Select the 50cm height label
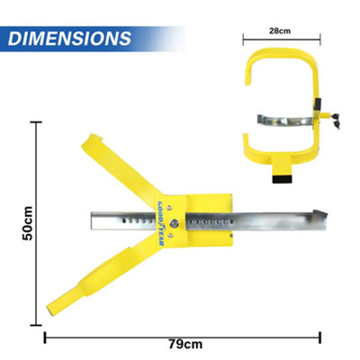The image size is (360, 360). click(28, 222)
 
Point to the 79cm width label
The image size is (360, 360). click(184, 344)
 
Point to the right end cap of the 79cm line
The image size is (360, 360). click(321, 334)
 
